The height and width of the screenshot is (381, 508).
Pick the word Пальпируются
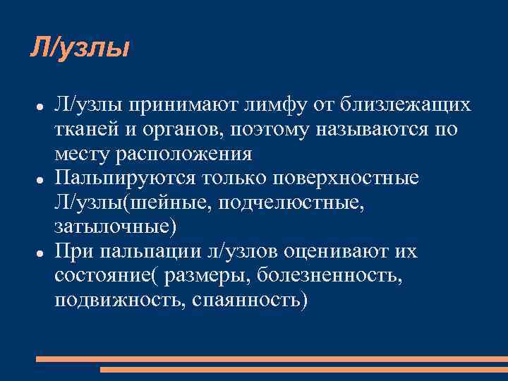click(x=124, y=179)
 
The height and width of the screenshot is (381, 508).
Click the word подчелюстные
click(x=306, y=203)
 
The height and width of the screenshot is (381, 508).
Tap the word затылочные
click(x=111, y=227)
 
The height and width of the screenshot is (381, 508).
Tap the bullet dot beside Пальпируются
click(x=41, y=179)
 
